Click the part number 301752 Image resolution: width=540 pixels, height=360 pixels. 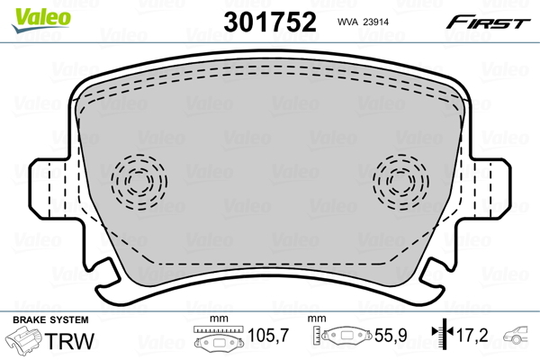point(270,22)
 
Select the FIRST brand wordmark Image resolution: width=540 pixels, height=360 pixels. point(488,22)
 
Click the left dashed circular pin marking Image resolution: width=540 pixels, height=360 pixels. point(139,182)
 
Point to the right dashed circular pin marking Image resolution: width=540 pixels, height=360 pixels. point(400,182)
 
